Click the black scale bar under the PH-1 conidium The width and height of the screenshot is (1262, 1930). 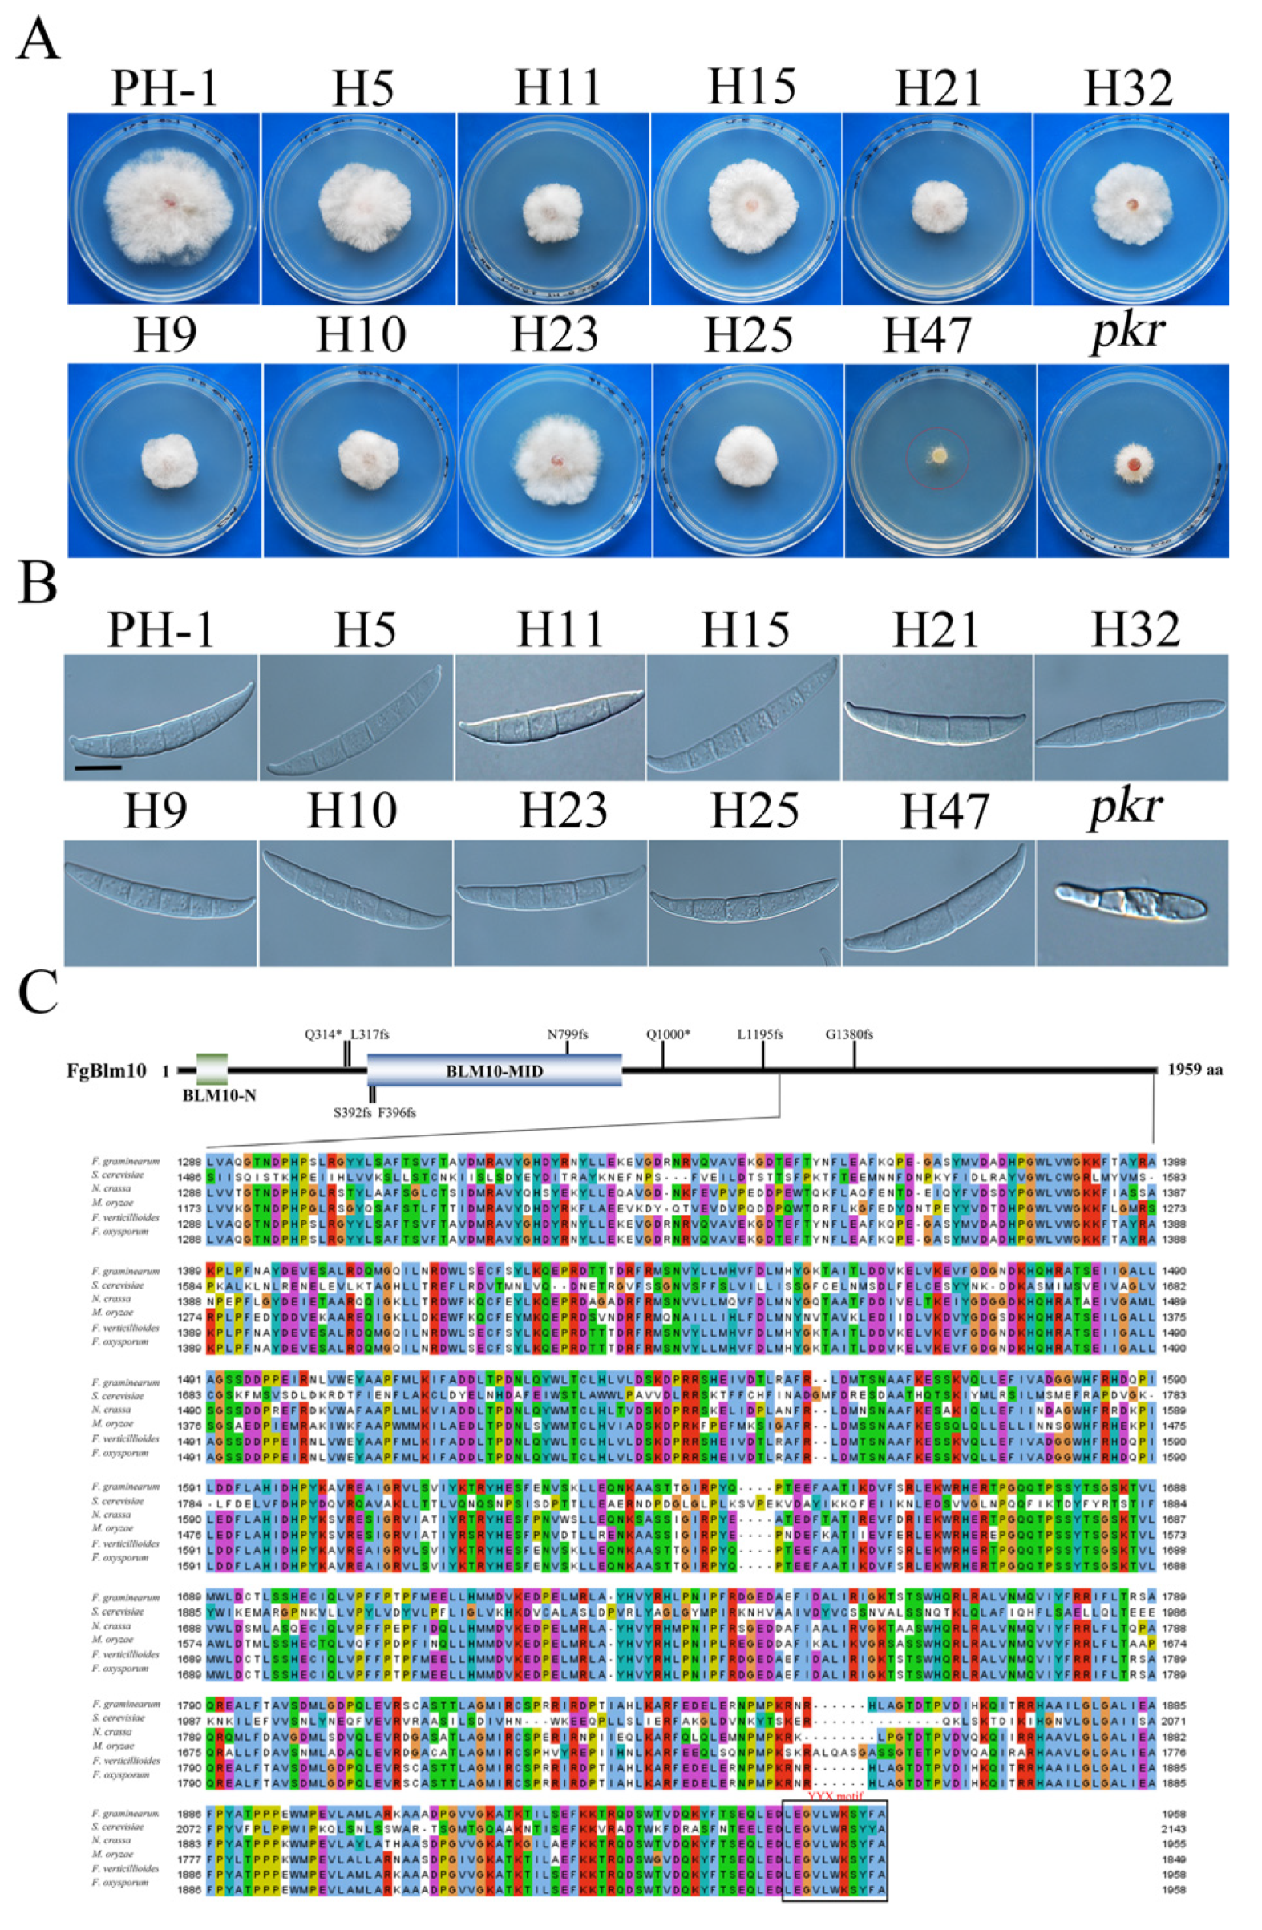pos(96,766)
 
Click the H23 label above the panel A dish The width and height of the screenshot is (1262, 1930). pos(555,335)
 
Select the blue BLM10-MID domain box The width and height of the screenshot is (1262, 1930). pos(494,1070)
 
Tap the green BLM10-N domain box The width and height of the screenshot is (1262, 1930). pos(212,1070)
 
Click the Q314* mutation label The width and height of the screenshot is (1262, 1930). pos(323,1034)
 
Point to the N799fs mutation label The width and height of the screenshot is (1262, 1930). pos(567,1034)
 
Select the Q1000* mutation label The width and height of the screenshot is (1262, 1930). pos(667,1034)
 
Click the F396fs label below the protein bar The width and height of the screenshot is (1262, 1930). pos(397,1112)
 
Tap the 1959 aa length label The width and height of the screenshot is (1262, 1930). pos(1195,1070)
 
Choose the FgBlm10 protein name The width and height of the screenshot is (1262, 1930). pos(107,1071)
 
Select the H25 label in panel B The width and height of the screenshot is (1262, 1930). pos(754,811)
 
